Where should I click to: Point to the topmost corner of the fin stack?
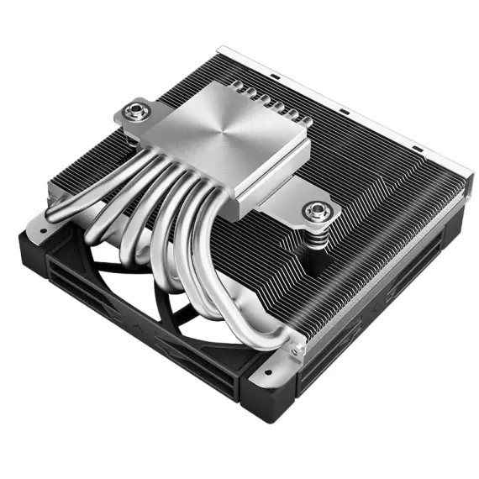pyautogui.click(x=220, y=50)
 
